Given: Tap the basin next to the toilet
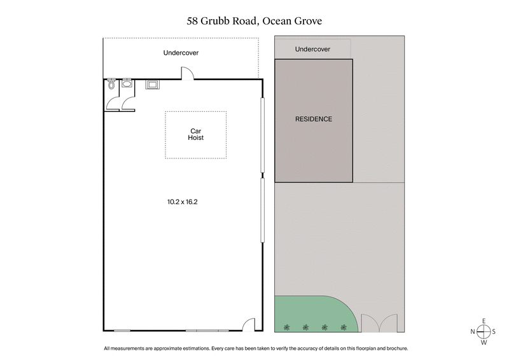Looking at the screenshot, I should (127, 83).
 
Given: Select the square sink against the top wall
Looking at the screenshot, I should (153, 84).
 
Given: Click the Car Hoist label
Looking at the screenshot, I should (195, 134).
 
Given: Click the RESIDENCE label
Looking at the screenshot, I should (314, 119).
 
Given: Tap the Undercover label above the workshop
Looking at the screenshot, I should (181, 53).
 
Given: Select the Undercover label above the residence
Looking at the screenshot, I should (312, 49).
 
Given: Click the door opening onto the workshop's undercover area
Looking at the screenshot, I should (188, 74).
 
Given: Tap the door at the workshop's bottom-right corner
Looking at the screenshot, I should (251, 325).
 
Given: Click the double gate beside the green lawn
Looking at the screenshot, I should (380, 323).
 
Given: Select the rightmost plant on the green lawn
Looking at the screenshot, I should (344, 327).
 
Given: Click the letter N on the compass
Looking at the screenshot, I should (473, 331).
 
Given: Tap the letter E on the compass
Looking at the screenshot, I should (484, 320).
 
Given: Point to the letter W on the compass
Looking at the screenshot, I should (484, 343).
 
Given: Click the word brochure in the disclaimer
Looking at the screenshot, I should (393, 349).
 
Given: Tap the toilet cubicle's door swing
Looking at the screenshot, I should (113, 103).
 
